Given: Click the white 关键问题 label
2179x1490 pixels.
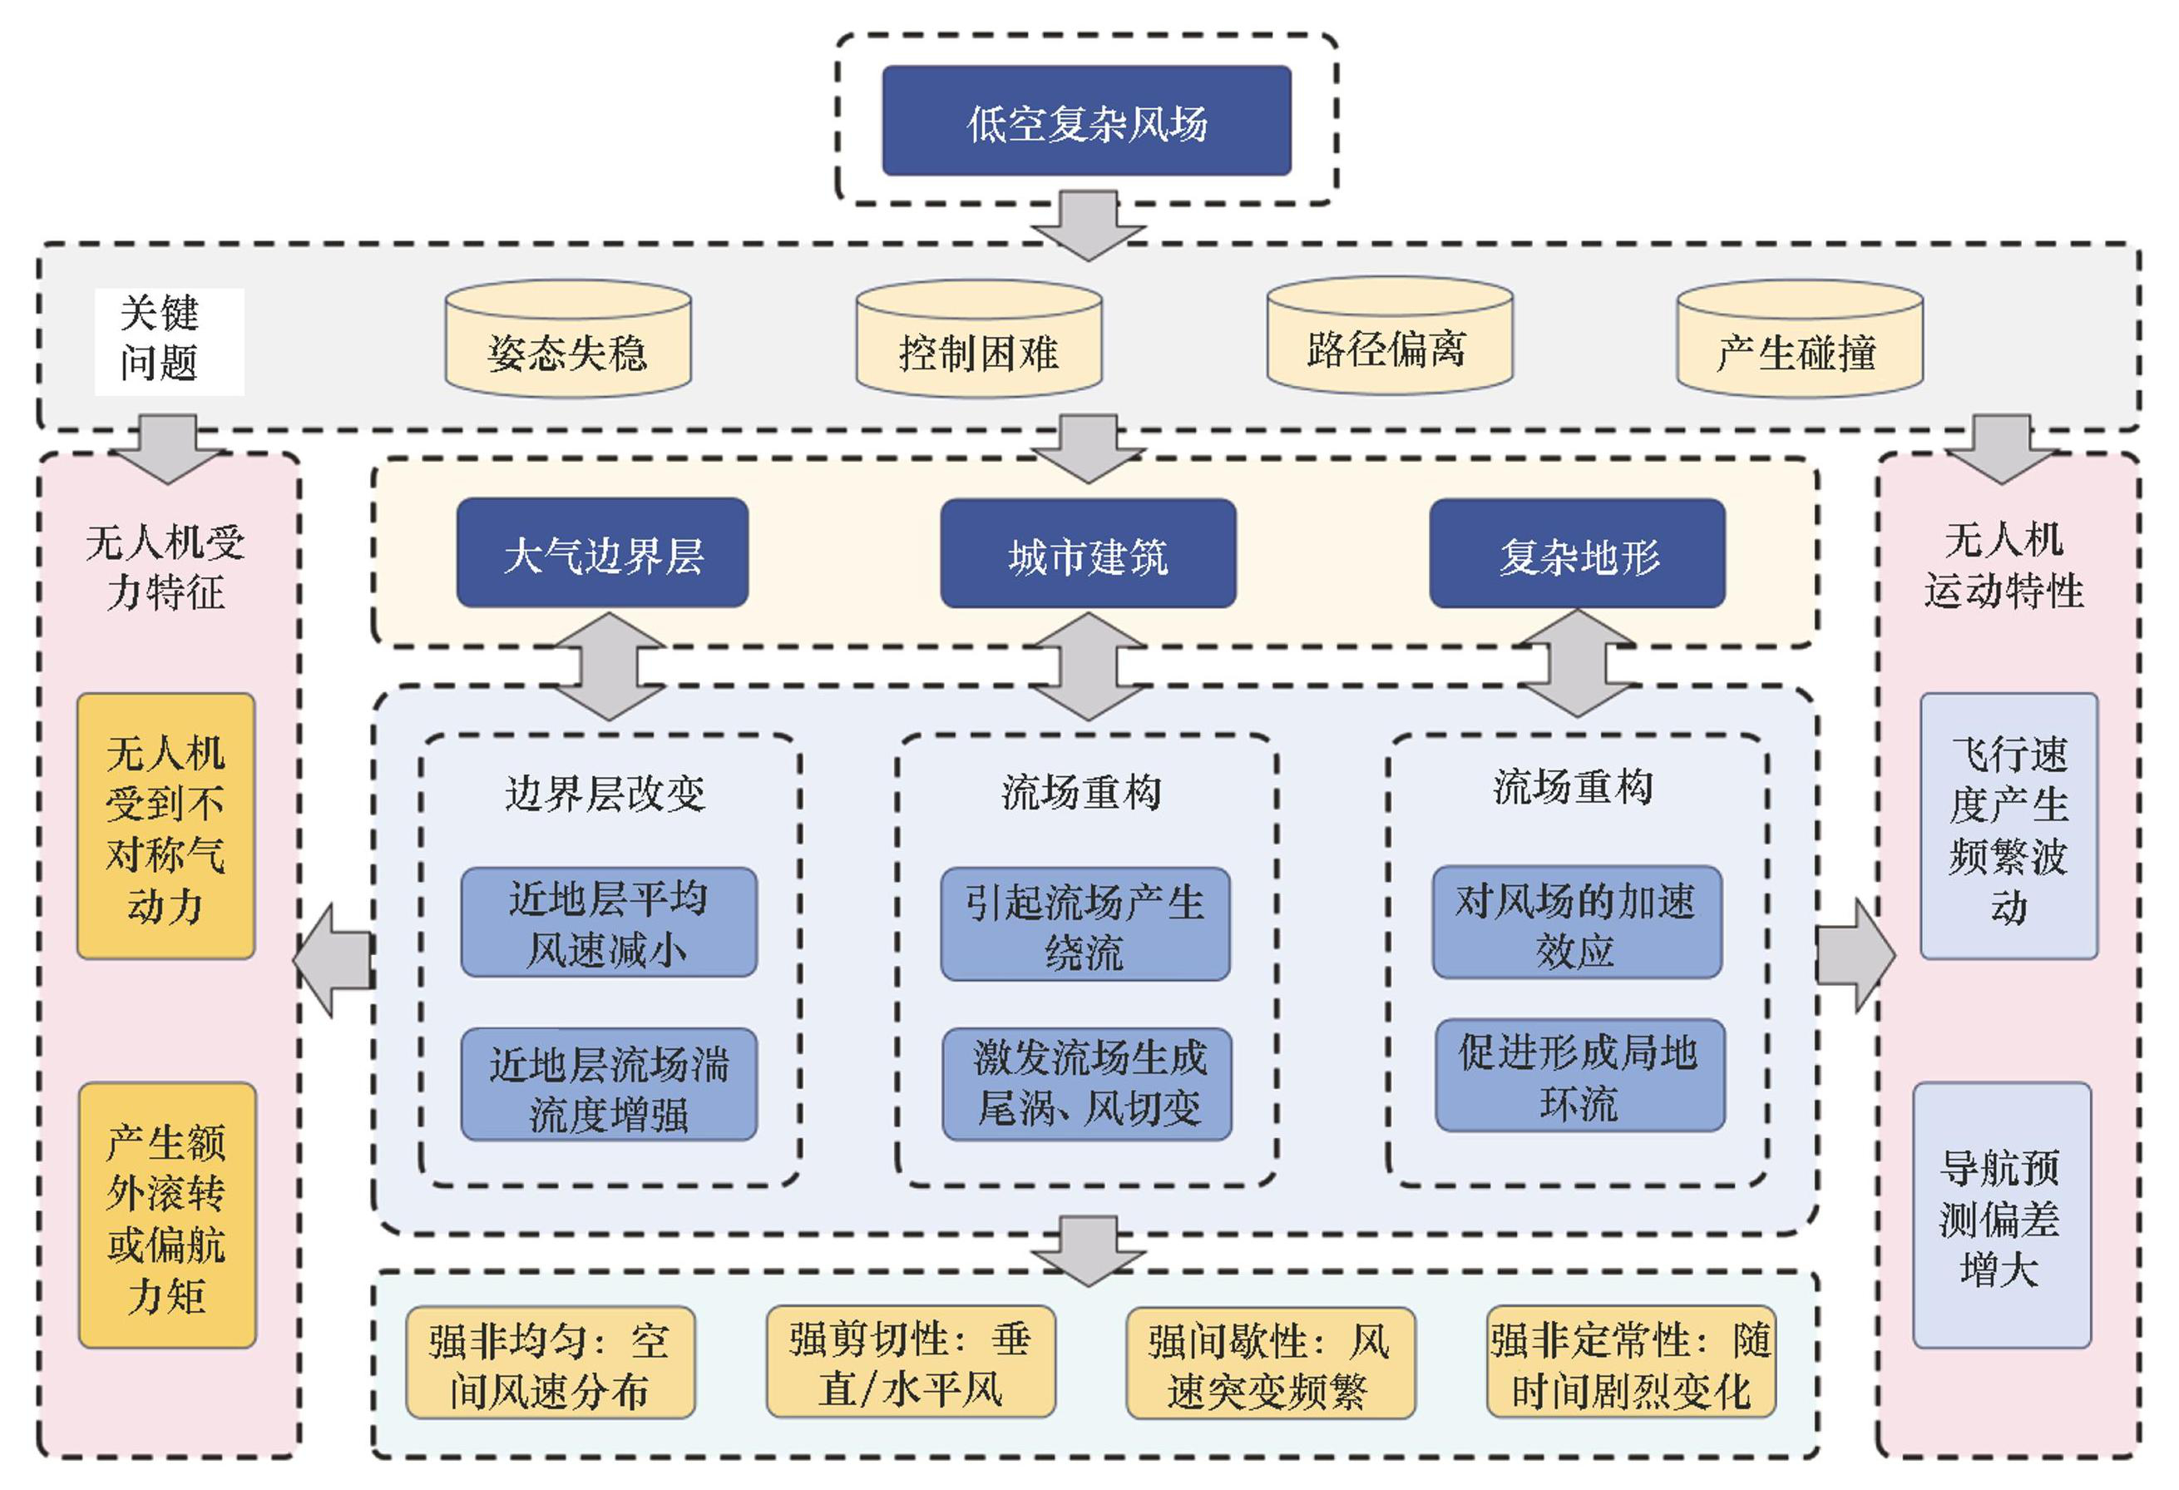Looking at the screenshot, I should [x=169, y=340].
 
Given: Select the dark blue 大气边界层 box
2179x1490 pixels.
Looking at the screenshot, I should [x=602, y=553].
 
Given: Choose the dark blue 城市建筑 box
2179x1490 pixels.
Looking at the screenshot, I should [x=1088, y=554].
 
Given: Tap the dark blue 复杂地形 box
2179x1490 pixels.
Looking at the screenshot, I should [x=1576, y=554].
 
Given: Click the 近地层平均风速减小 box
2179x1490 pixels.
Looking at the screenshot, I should [x=609, y=923].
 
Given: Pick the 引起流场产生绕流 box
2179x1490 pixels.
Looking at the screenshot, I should [x=1085, y=924].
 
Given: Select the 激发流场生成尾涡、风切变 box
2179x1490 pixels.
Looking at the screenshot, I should [x=1087, y=1084].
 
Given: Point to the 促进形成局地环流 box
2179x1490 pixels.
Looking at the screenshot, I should [x=1579, y=1077].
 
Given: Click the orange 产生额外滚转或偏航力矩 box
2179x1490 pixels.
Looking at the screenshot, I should [x=167, y=1216].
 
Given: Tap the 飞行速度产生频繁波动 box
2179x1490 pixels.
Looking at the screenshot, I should [x=2008, y=827].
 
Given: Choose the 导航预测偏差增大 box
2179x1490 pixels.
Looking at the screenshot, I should [x=2001, y=1216].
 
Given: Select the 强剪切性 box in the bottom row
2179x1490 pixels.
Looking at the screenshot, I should [x=911, y=1363].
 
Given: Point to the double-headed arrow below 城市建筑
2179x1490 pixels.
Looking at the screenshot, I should [x=1088, y=666].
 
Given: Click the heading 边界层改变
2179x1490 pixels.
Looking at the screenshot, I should [x=605, y=794].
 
